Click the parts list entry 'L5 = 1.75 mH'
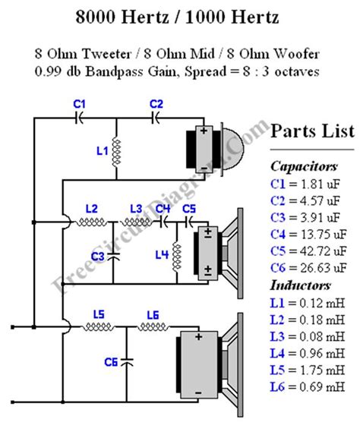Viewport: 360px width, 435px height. (309, 372)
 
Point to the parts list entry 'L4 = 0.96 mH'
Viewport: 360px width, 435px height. (309, 355)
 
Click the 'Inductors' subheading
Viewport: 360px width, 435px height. (301, 285)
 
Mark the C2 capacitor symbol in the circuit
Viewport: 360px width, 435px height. (156, 118)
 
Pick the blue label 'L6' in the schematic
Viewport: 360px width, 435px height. (152, 315)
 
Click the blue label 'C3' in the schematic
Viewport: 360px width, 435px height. (97, 257)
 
